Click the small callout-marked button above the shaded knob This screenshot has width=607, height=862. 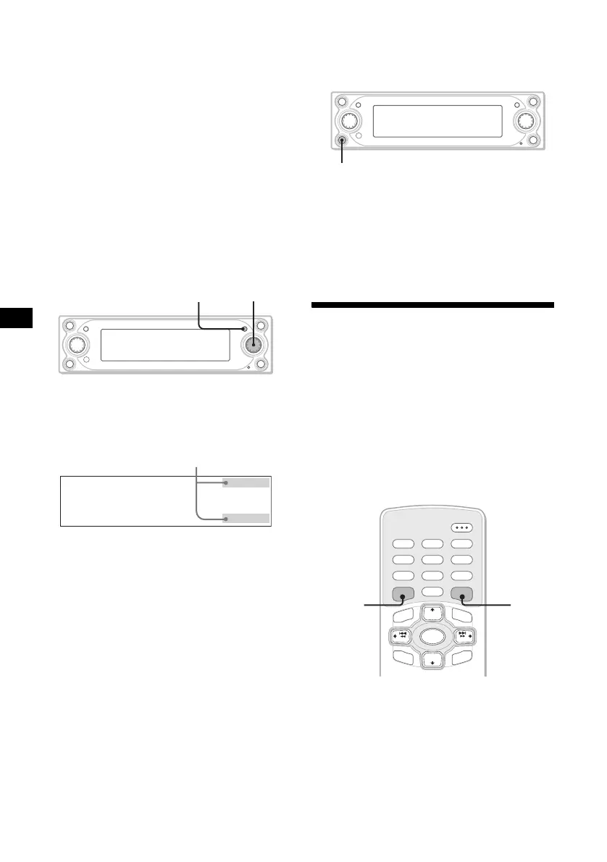pyautogui.click(x=244, y=330)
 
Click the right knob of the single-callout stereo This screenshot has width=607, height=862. pyautogui.click(x=525, y=120)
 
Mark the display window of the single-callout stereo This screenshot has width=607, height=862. pyautogui.click(x=438, y=120)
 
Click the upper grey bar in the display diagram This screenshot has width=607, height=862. pyautogui.click(x=247, y=483)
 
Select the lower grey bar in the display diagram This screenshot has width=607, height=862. pyautogui.click(x=247, y=518)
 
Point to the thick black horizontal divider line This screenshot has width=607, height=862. pyautogui.click(x=432, y=305)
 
